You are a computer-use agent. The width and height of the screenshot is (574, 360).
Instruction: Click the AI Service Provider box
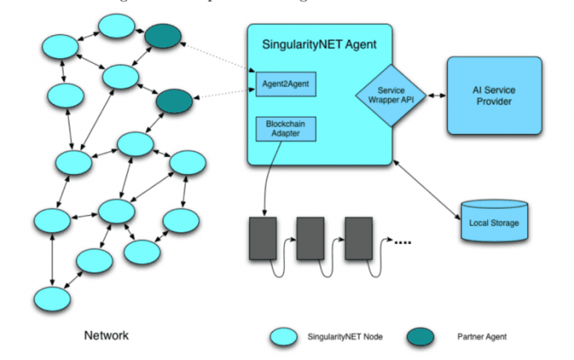(x=494, y=95)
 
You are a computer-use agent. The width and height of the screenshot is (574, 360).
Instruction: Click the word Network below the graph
(x=106, y=335)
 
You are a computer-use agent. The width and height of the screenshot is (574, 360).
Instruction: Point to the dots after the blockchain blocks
(x=401, y=243)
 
